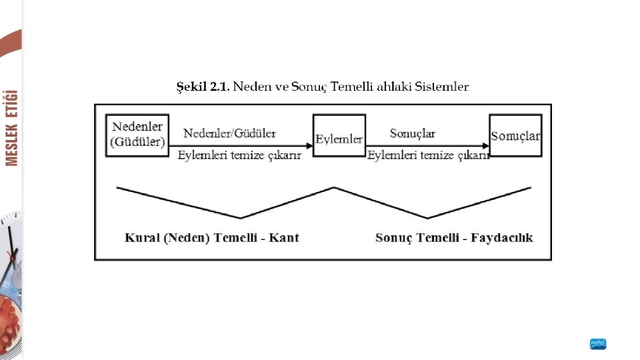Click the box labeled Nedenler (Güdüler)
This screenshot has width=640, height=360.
click(x=138, y=135)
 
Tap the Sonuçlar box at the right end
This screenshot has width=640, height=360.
click(x=515, y=135)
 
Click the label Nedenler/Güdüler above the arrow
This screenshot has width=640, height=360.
click(x=230, y=133)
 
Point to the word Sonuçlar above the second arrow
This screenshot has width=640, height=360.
click(x=413, y=133)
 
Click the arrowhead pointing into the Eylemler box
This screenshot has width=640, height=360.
click(x=309, y=145)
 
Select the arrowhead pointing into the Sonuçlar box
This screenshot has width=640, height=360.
click(x=485, y=145)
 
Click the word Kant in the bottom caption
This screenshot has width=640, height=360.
click(x=284, y=238)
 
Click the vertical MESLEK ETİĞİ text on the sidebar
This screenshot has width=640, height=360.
click(x=11, y=127)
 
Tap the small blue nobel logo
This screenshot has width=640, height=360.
click(x=598, y=344)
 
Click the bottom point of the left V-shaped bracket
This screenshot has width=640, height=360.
click(x=241, y=217)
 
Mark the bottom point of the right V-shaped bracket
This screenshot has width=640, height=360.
click(x=427, y=217)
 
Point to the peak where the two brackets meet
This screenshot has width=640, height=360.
click(x=334, y=187)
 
